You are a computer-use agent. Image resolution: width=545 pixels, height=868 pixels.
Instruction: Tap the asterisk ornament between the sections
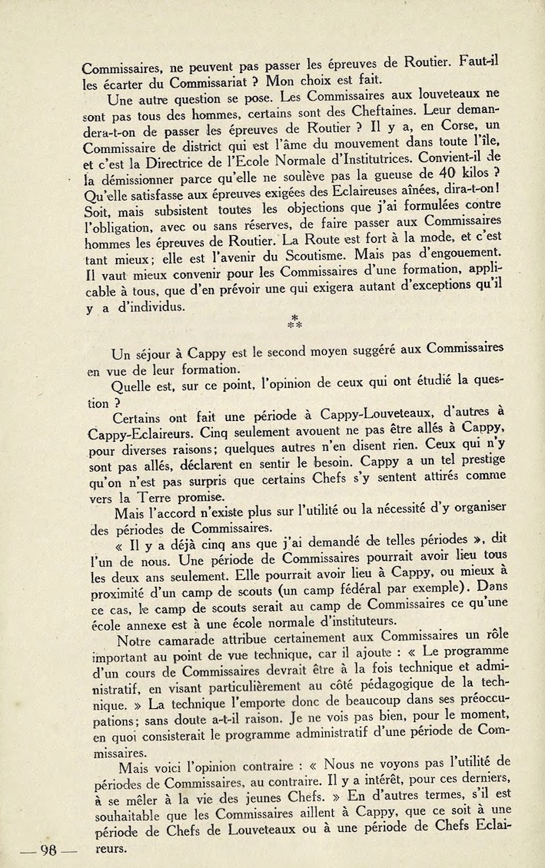(x=294, y=321)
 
